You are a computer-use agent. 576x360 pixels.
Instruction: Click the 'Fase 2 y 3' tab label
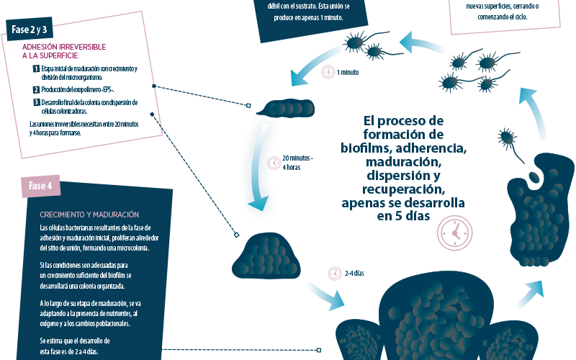[30, 30]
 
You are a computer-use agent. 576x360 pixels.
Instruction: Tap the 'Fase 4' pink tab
[40, 186]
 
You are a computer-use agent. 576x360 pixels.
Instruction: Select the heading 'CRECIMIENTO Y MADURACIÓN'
[89, 215]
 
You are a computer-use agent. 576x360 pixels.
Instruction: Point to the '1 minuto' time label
[348, 73]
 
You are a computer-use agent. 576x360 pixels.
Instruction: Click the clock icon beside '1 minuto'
[328, 72]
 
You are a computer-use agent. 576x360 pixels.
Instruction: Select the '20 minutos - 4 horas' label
[297, 162]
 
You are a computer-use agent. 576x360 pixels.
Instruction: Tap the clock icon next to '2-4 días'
[334, 274]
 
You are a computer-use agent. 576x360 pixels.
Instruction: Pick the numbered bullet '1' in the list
[36, 68]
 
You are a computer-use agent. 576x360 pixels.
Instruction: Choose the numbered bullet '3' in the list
[36, 102]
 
